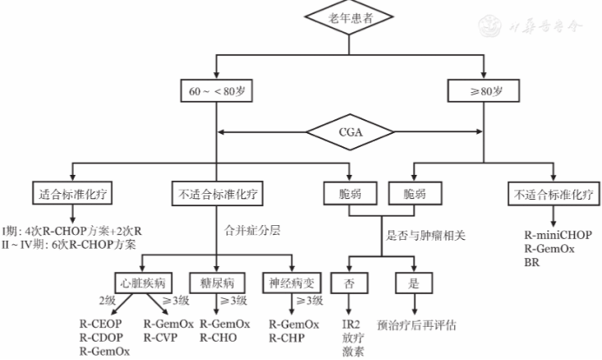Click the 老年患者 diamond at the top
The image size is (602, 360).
tap(349, 18)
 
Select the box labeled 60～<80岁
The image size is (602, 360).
tap(215, 90)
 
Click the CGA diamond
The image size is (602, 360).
tap(349, 132)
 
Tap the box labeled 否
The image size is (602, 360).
tap(350, 282)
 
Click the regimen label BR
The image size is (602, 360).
tap(532, 263)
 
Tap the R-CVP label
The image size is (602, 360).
tap(161, 337)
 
